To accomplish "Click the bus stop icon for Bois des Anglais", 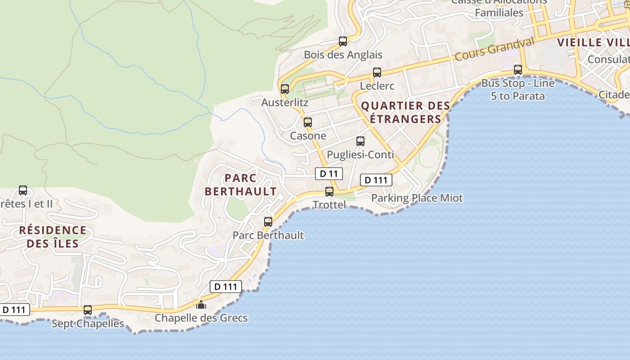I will click(x=343, y=41).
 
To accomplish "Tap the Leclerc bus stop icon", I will click(x=377, y=72).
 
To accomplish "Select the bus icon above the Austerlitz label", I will click(x=285, y=89).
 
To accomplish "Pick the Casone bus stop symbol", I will click(x=308, y=122).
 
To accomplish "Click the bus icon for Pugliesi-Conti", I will click(x=360, y=141).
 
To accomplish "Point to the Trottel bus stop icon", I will click(x=329, y=191).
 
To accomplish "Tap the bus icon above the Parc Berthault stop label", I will click(x=268, y=221).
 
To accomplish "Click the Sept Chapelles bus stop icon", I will click(x=88, y=310).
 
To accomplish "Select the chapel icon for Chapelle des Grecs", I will click(x=201, y=305).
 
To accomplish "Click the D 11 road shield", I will click(x=329, y=174).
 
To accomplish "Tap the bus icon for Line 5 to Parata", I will click(x=518, y=69).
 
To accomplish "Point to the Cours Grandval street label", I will click(x=494, y=49).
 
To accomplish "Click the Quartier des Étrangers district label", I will click(x=405, y=112).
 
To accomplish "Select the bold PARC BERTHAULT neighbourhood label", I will click(x=241, y=184).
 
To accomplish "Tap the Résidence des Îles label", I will click(x=53, y=237).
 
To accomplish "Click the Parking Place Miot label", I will click(x=417, y=198).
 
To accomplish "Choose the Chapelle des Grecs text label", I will click(x=201, y=318).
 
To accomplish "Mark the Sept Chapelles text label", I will click(x=88, y=324).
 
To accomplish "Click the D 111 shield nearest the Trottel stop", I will click(x=376, y=180).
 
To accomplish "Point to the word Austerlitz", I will click(x=285, y=103).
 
